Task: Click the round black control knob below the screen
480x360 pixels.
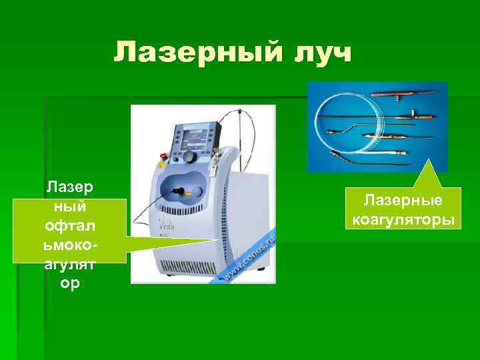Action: click(191, 157)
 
